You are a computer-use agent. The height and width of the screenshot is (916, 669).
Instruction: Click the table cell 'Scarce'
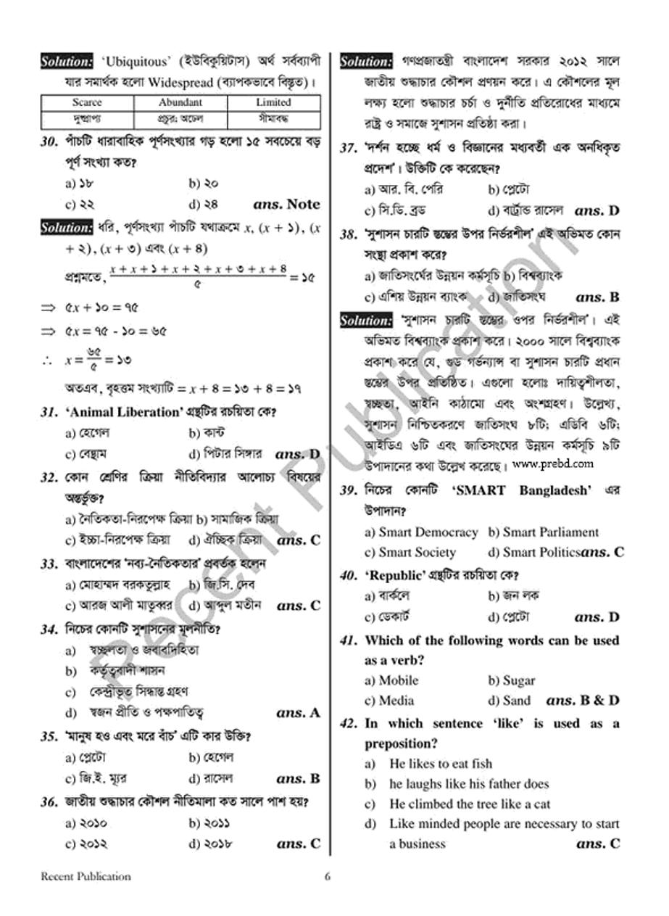click(87, 102)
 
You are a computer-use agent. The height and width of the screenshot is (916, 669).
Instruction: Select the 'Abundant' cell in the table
click(180, 102)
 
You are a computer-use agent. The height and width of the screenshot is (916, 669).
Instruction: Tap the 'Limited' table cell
click(273, 102)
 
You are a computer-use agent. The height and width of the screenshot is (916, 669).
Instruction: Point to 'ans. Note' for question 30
click(286, 205)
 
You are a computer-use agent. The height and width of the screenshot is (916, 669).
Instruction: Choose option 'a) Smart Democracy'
click(421, 532)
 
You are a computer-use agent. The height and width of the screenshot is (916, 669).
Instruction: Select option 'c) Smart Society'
click(410, 553)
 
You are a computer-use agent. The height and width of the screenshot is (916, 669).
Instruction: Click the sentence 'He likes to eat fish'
click(440, 764)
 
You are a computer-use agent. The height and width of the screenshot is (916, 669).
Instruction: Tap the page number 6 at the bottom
click(328, 876)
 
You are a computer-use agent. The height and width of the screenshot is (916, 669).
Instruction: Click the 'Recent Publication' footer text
click(86, 876)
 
